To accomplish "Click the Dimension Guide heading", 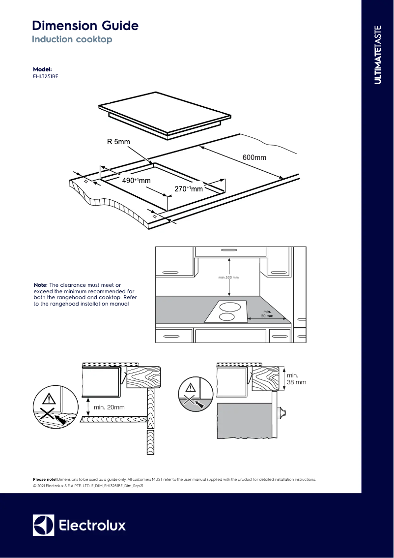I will [85, 26].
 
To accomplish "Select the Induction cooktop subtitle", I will [72, 39].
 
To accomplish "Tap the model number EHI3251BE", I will [45, 76].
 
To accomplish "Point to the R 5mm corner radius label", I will [118, 142].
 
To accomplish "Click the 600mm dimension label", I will [254, 157].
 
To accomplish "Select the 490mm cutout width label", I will [136, 181].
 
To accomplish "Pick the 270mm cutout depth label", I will [189, 189].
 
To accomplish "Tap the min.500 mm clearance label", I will [228, 278].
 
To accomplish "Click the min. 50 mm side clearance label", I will [267, 314].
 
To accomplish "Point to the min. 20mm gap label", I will [109, 407].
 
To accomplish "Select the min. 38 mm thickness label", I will [296, 379].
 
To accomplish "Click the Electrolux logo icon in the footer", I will [43, 525].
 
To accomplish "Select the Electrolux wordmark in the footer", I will [92, 525].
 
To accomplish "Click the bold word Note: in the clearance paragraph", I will [41, 285].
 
